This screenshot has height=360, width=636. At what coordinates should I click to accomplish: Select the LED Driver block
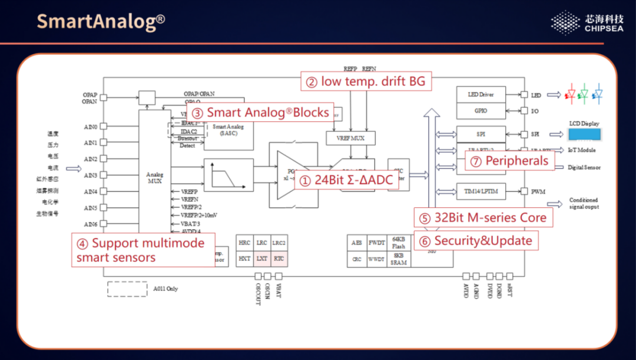coord(480,94)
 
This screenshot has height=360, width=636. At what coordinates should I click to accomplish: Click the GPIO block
coord(480,111)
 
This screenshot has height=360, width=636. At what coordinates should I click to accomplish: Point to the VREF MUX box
coord(350,138)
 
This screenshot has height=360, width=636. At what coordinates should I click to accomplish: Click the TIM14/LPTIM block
coord(480,191)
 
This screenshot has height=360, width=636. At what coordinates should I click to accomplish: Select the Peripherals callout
coord(510,160)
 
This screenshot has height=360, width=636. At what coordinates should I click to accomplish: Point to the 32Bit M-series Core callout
coord(483,217)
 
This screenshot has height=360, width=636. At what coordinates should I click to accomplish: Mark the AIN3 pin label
coord(90,176)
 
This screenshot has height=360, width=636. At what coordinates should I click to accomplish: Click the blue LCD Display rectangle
coord(585,134)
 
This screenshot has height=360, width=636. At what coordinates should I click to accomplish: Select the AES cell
coord(356,243)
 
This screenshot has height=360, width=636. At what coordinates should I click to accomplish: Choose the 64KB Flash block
coord(398,243)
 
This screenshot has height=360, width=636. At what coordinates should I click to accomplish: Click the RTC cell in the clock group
coord(279,259)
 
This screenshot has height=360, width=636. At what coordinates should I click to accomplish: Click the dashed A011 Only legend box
coord(127,289)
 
